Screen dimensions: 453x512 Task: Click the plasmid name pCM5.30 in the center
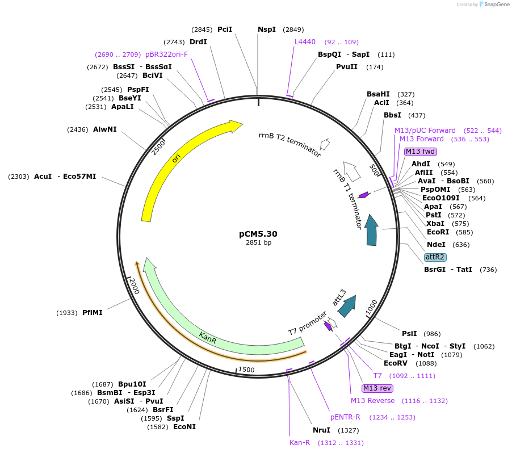tap(258, 233)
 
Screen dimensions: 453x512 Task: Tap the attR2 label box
tap(435, 257)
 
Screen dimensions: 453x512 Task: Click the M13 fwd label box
tap(421, 152)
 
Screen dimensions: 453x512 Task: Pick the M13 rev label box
tap(377, 388)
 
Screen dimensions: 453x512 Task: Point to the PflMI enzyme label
tap(93, 313)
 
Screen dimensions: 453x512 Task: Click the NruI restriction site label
tap(321, 430)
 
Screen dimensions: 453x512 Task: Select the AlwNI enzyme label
tap(105, 129)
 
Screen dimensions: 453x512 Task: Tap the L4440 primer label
tap(306, 42)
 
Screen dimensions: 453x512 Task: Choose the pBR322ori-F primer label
tap(167, 54)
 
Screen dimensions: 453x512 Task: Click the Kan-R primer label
tap(300, 443)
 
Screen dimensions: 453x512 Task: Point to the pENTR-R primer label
tap(345, 417)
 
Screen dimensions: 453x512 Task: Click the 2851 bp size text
tap(258, 243)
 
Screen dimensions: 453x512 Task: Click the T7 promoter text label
tap(307, 323)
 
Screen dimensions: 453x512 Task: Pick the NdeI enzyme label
tap(437, 245)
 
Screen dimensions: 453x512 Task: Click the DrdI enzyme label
tap(199, 42)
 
